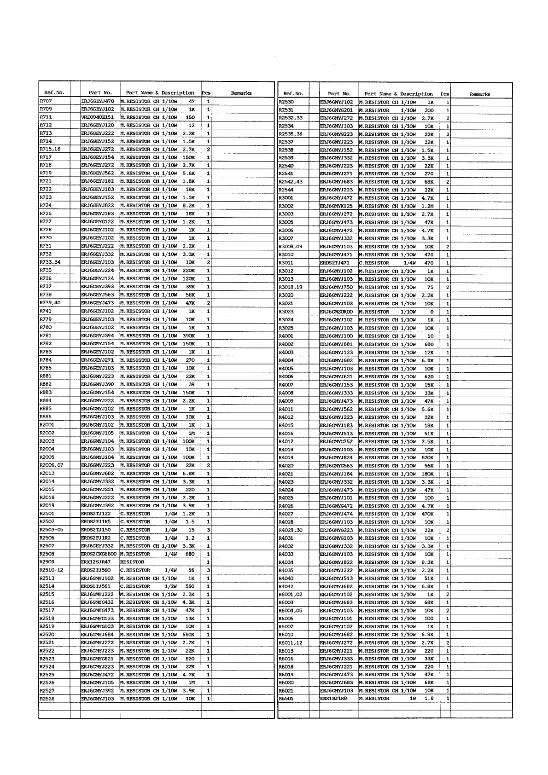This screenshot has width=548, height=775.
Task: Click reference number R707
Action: pos(46,101)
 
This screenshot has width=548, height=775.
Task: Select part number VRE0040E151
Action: pos(98,117)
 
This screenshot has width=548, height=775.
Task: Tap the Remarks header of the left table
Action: pos(241,93)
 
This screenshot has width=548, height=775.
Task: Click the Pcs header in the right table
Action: pos(445,94)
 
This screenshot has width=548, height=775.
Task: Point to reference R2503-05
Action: pos(51,530)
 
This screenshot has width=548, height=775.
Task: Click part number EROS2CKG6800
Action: pos(99,554)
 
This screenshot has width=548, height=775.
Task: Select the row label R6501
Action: pos(286,699)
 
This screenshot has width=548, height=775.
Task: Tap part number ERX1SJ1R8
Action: pos(333,699)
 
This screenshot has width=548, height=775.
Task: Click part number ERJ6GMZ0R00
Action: pos(337,312)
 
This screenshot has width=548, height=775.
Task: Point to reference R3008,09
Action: pos(291,247)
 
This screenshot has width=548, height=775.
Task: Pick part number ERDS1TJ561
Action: pos(96,586)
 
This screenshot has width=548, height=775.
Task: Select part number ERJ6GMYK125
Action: pos(337,206)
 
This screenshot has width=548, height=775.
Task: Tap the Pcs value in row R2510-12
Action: pos(208,570)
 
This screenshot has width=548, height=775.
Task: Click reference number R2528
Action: pos(47,699)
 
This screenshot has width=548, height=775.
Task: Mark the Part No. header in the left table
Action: pos(100,93)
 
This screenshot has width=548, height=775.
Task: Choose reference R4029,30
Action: pos(291,530)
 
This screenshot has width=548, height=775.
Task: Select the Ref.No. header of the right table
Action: pos(293,94)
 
